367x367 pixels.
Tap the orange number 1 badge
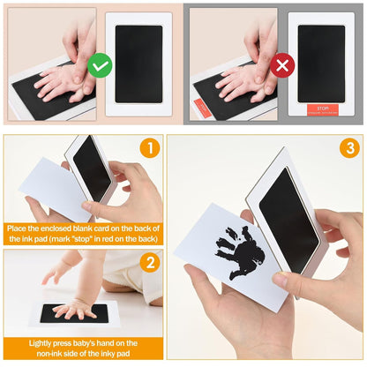pos(151,148)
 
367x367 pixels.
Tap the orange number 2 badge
pos(151,262)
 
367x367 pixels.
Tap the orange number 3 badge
pos(348,148)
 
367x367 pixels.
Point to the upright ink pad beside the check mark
pos(139,64)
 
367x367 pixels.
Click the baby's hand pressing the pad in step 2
pos(74,308)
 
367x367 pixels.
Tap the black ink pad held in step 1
pos(93,169)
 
